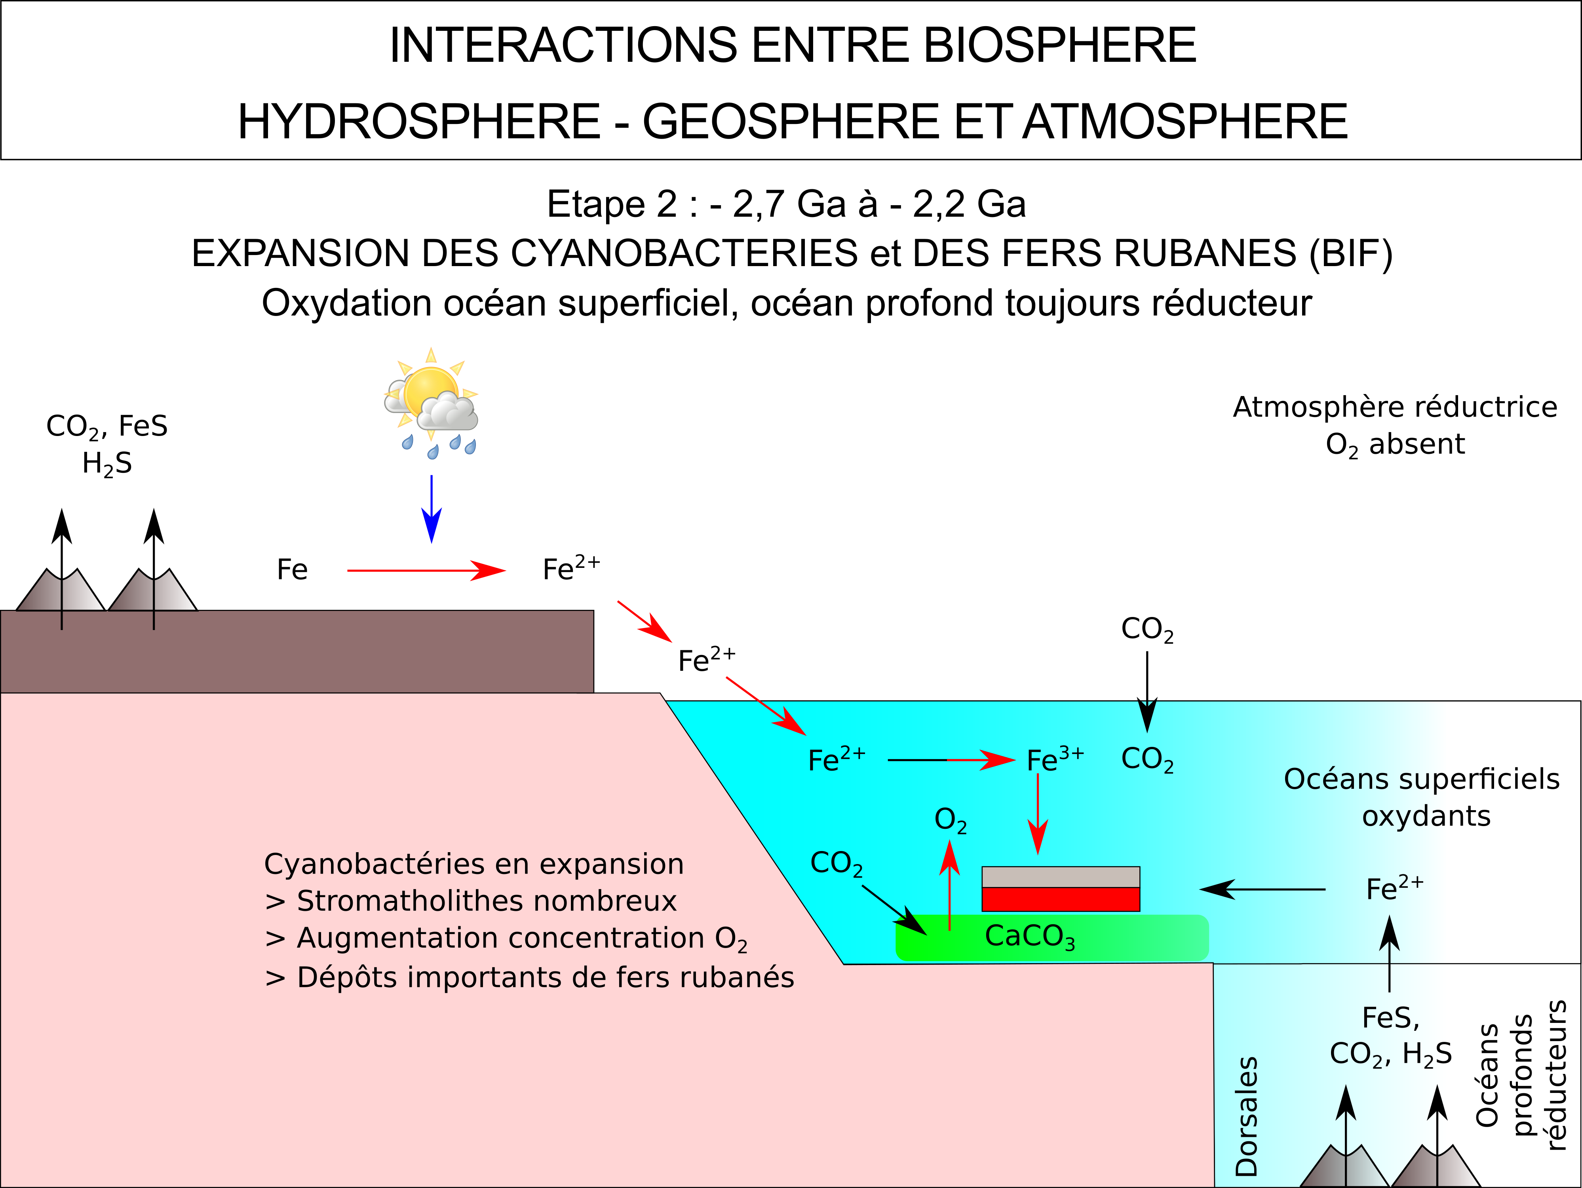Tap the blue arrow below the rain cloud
(x=431, y=508)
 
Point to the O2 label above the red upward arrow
(x=951, y=821)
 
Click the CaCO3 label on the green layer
(x=1030, y=937)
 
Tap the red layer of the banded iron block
(x=1061, y=899)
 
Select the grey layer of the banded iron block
(x=1061, y=877)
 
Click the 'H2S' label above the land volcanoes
(x=107, y=463)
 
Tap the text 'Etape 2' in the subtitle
(x=612, y=205)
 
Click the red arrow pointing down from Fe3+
(x=1038, y=814)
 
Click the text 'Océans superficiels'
(x=1422, y=779)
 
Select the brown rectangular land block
(x=297, y=651)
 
